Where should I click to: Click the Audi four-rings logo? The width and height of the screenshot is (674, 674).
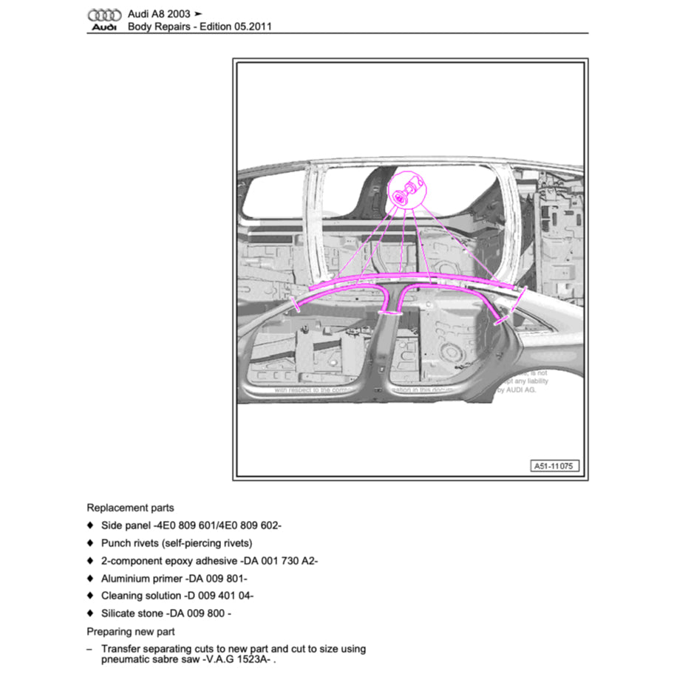pyautogui.click(x=104, y=15)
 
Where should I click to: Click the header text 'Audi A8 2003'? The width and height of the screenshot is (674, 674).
pyautogui.click(x=159, y=14)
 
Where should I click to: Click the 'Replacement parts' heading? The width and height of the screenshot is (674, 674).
pyautogui.click(x=130, y=508)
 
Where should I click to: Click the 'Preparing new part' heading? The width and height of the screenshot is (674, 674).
pyautogui.click(x=131, y=632)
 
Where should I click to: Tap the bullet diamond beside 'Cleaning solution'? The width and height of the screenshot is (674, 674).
pyautogui.click(x=90, y=596)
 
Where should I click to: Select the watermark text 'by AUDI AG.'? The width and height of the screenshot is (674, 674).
pyautogui.click(x=517, y=389)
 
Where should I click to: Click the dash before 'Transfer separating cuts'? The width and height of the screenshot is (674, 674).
pyautogui.click(x=90, y=649)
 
